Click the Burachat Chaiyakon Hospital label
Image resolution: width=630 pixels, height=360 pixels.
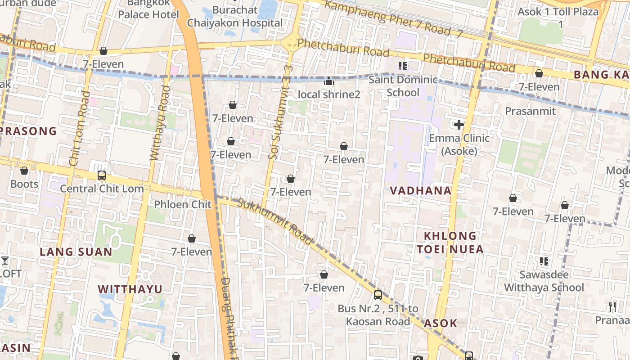point(235,16)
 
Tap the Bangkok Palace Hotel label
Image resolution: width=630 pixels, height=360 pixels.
point(148,9)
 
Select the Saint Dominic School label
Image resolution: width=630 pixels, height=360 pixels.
point(403,86)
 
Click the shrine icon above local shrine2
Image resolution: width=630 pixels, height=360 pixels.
point(329,81)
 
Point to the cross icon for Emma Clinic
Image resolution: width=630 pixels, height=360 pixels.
point(459,125)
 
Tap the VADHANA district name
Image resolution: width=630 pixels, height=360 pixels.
point(421,190)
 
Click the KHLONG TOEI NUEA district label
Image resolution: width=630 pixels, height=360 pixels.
point(450,243)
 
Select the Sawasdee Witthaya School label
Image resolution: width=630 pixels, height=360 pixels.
point(544,281)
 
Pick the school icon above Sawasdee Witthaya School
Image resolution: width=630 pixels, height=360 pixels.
point(544,261)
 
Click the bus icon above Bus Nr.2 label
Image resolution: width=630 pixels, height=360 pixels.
point(378,295)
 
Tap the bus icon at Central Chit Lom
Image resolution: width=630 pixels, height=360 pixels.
point(102,175)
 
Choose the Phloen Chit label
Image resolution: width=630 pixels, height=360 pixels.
point(183,204)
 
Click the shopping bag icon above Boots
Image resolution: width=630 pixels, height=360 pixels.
point(24,171)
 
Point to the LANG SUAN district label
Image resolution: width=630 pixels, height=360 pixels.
point(76,252)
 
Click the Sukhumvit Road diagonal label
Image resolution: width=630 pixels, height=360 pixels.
point(274,221)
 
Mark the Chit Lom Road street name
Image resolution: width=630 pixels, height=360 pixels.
point(79,129)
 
